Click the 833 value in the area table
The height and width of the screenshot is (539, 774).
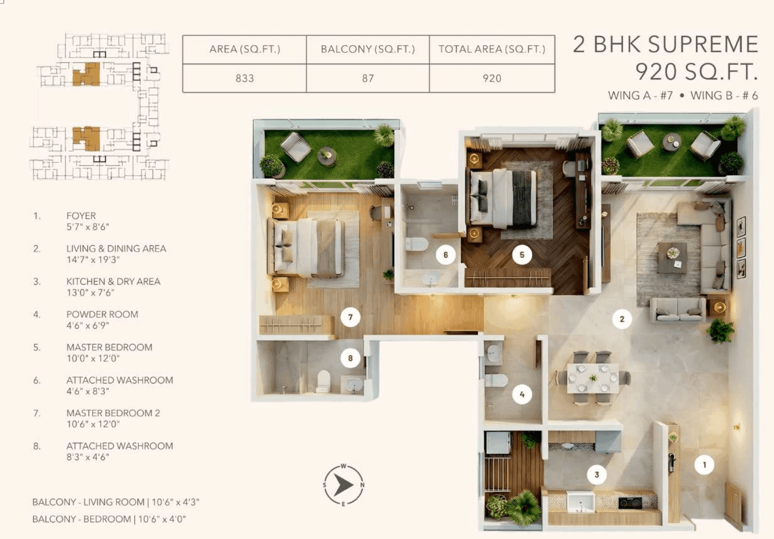click(244, 78)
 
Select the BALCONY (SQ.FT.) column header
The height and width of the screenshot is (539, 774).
click(367, 49)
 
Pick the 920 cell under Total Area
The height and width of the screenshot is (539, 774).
click(492, 78)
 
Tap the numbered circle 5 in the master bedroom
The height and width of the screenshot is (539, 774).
click(521, 255)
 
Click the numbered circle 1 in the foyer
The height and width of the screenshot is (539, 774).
click(704, 465)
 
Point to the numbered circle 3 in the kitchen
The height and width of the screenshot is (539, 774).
click(596, 474)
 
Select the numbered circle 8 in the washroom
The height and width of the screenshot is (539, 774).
click(350, 358)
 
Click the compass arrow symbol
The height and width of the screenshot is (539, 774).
click(343, 485)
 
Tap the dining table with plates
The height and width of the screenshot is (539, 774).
click(593, 378)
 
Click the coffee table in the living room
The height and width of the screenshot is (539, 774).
click(672, 257)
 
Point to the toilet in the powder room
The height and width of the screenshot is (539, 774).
click(496, 380)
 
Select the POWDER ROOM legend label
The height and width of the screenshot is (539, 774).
click(102, 315)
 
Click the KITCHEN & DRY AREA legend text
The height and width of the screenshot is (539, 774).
click(113, 282)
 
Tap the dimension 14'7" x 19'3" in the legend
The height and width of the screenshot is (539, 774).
click(93, 260)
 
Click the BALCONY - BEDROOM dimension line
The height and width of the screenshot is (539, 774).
click(109, 519)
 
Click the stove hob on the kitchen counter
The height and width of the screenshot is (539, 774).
click(630, 502)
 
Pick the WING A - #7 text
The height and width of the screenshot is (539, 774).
click(640, 96)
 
